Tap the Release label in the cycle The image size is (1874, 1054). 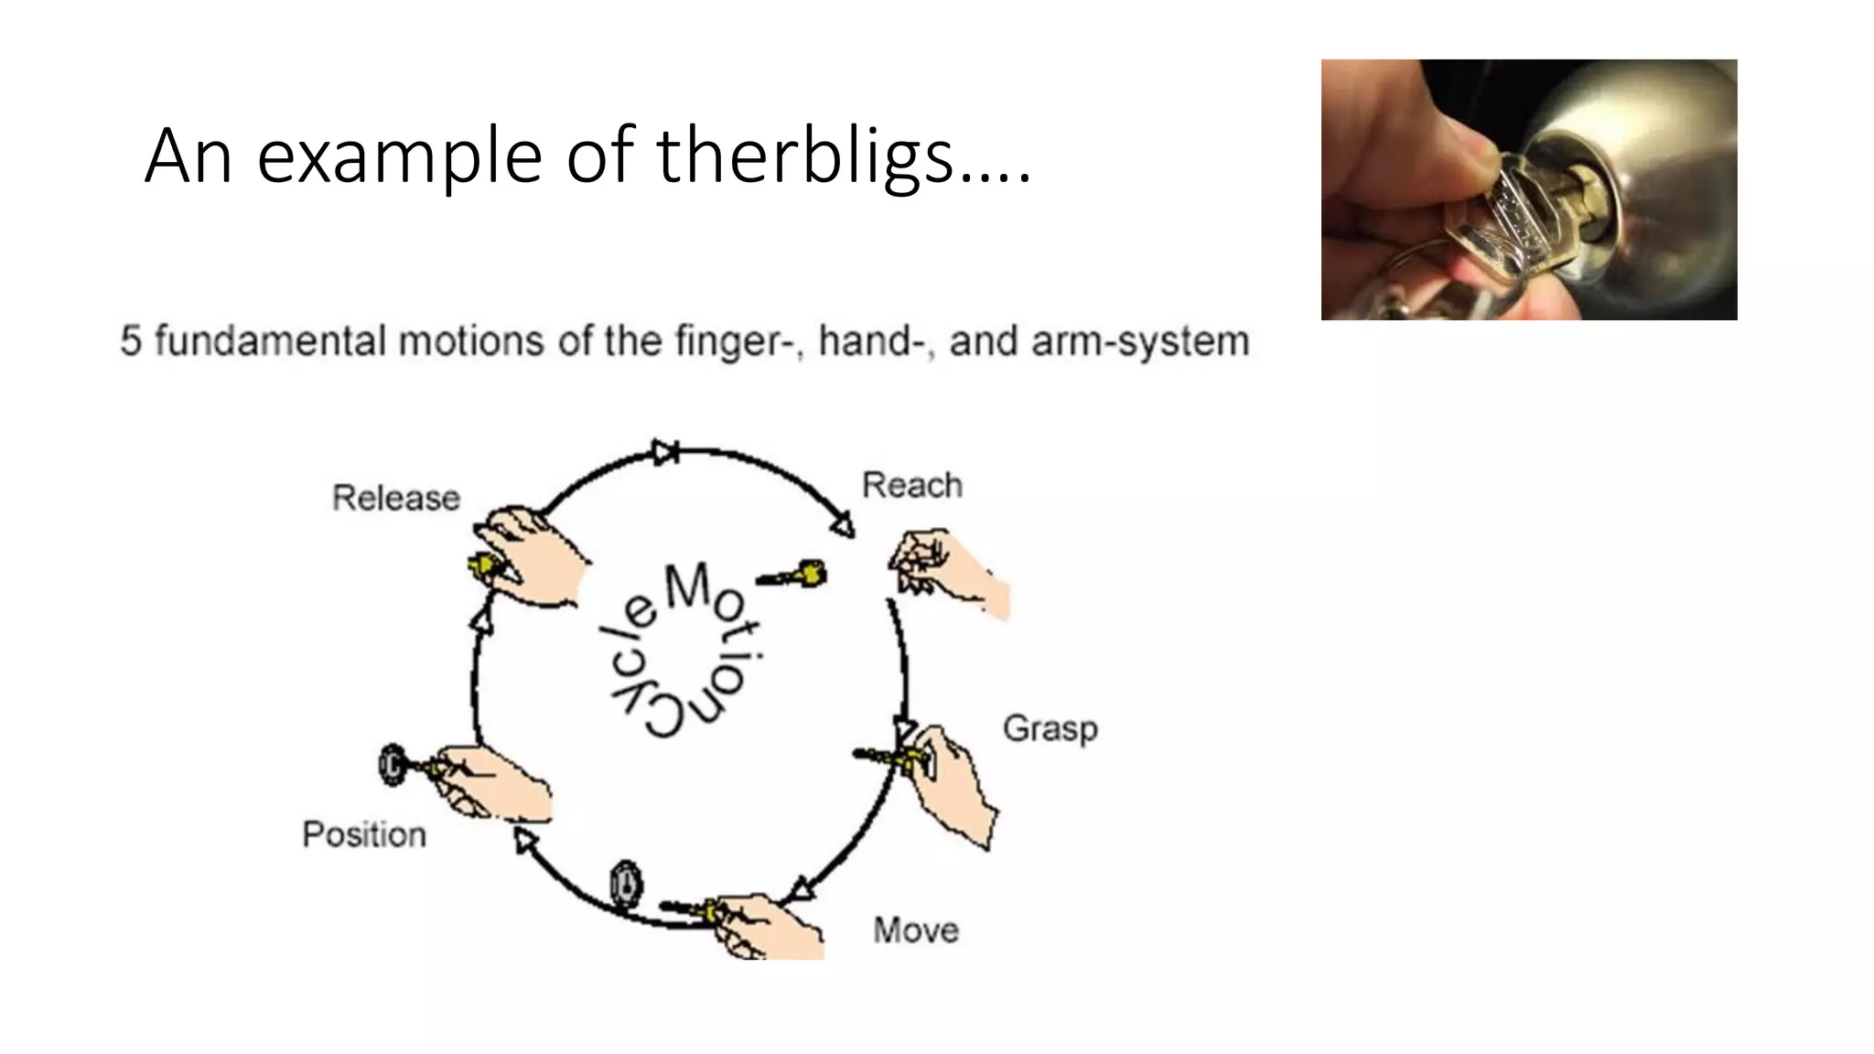[395, 499]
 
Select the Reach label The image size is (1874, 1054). [912, 485]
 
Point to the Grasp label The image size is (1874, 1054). [1050, 729]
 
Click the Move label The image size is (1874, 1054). [916, 930]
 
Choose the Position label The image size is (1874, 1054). [364, 834]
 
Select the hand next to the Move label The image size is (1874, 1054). [769, 926]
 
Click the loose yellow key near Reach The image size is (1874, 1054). [794, 575]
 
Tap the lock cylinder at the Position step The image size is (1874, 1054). [393, 764]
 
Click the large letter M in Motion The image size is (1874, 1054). [687, 586]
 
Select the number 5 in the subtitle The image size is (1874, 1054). [131, 341]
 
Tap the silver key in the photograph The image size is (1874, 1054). [1501, 229]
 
